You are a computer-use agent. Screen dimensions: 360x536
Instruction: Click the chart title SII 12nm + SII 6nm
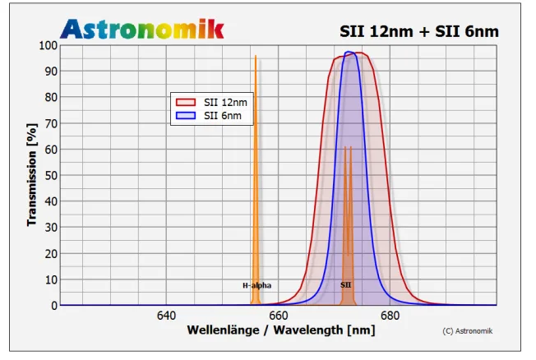pos(419,31)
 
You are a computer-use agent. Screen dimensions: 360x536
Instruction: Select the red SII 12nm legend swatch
pos(186,102)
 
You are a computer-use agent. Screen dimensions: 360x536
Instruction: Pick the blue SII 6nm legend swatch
pos(186,116)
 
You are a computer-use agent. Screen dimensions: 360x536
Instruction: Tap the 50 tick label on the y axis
pos(51,175)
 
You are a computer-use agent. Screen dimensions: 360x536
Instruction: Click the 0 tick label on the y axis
pos(54,305)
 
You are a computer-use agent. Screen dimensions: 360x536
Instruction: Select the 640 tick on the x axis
pos(166,316)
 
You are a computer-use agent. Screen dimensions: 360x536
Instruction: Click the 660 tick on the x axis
pos(278,316)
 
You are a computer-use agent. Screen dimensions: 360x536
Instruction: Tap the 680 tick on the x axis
pos(390,316)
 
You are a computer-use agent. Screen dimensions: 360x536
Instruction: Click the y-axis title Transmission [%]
pos(32,175)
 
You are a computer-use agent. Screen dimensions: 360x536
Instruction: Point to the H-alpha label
pos(256,285)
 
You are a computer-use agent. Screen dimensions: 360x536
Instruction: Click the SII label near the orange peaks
pos(346,285)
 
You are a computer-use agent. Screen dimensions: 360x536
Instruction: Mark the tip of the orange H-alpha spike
pos(256,56)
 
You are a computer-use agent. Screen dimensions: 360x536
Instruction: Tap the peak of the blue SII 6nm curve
pos(349,53)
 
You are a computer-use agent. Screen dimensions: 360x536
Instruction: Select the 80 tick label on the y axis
pos(51,97)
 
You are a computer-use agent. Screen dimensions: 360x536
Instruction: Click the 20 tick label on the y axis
pos(51,253)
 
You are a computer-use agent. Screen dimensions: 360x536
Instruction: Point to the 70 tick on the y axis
pos(51,123)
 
